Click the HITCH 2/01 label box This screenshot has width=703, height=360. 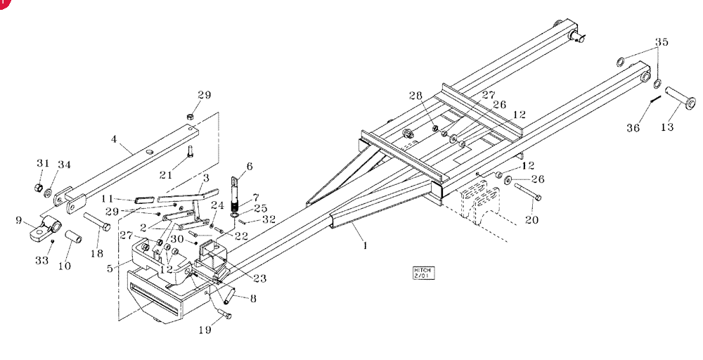point(424,273)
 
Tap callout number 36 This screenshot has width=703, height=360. point(633,128)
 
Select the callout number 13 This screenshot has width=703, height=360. point(667,127)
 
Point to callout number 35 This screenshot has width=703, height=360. point(662,42)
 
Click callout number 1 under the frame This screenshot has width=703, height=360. point(365,245)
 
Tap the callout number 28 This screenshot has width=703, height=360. point(415,95)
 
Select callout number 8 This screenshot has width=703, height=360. point(253,298)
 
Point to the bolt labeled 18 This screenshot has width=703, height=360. point(97,221)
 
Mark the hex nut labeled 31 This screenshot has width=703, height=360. point(39,186)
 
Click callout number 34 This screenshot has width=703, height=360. point(64,165)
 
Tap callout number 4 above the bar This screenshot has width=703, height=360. point(114,139)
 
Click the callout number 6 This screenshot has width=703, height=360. point(250,167)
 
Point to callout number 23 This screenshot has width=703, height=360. point(259,278)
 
